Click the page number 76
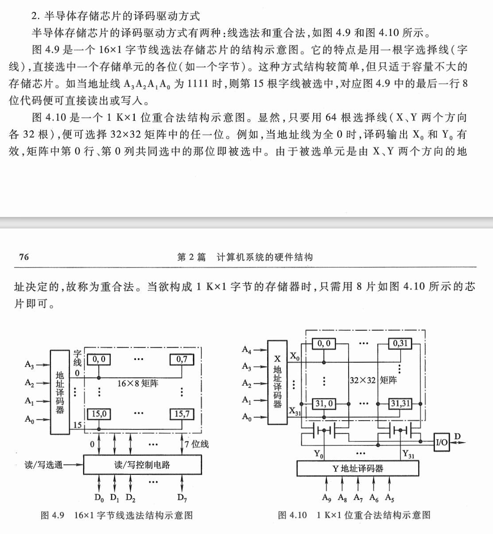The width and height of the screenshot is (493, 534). point(24,257)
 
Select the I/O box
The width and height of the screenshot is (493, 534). point(442,441)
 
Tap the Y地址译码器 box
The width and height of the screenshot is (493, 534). point(357,468)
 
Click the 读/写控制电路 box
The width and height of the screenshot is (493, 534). point(142,464)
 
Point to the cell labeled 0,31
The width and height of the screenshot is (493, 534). point(400,343)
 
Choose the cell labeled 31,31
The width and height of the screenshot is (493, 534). point(400,403)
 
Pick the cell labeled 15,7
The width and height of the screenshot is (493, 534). point(182,414)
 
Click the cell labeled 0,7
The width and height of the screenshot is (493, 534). point(182,359)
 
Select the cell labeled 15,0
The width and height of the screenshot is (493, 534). point(99,414)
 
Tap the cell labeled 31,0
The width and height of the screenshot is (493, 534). point(324,403)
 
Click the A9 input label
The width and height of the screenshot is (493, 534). point(326,498)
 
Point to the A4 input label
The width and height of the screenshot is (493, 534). point(247,350)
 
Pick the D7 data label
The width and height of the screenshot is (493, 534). point(182,498)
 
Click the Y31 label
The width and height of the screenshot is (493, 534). point(408,453)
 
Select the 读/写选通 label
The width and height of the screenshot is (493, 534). point(44,465)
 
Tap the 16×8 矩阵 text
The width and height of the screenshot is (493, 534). point(137,383)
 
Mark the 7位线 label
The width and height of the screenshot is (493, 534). point(197,444)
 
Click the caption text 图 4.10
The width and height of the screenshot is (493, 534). point(292,515)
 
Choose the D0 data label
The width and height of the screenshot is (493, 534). point(99,498)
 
